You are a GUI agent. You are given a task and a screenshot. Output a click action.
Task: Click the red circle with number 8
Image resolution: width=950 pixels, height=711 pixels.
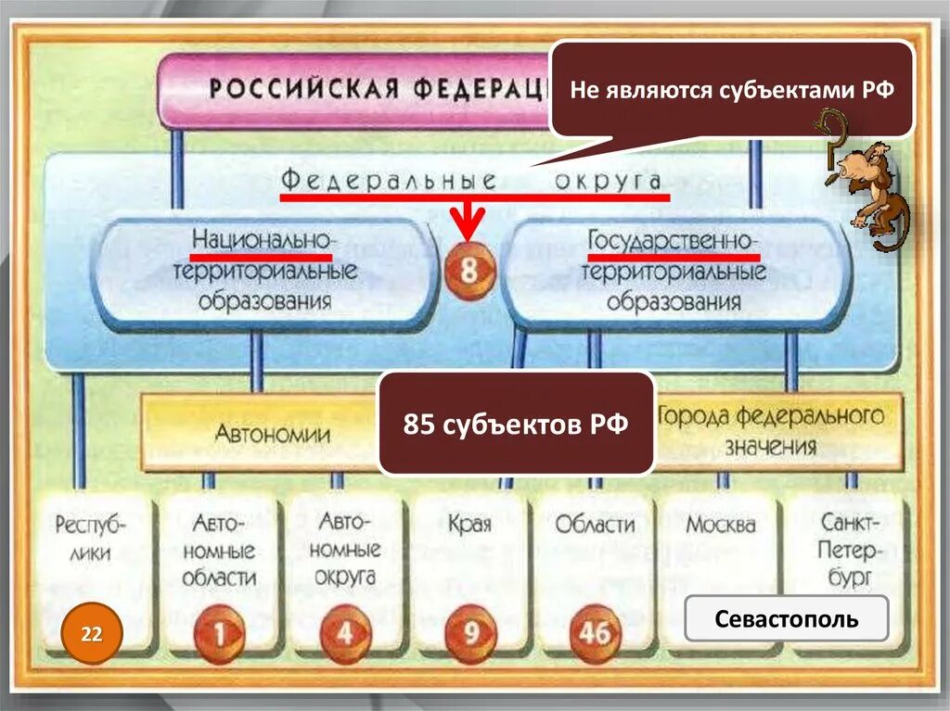(469, 272)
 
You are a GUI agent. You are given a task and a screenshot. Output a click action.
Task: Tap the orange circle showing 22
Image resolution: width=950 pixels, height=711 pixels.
(92, 634)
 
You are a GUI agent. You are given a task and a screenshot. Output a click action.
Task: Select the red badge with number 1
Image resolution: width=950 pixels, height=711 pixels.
(219, 634)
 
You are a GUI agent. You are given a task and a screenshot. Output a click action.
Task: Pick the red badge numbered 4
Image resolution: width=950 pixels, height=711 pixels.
(344, 635)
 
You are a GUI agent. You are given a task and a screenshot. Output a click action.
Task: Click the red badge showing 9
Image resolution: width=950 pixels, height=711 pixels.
(470, 634)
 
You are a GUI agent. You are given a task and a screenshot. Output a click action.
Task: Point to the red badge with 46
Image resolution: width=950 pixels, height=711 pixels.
(596, 634)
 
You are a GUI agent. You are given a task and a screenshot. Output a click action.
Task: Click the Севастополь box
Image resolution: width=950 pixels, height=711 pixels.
(786, 618)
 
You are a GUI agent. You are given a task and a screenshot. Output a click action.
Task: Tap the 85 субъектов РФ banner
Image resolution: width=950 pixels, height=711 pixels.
(516, 424)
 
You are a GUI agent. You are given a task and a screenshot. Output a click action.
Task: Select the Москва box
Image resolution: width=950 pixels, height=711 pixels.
(721, 525)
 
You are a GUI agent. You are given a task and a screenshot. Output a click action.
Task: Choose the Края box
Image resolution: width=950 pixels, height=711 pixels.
(469, 525)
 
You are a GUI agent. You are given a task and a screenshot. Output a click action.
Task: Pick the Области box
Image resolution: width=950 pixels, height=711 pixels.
(595, 525)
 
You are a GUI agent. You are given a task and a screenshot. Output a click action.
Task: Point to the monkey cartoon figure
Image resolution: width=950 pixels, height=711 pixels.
(870, 185)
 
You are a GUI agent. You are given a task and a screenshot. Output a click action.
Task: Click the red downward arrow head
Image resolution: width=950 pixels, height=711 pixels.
(469, 227)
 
